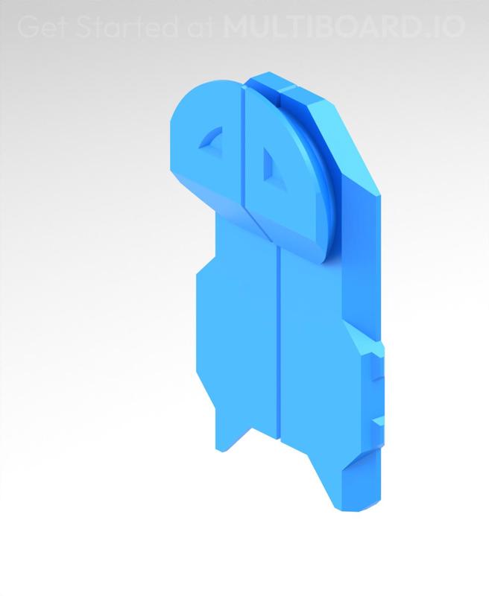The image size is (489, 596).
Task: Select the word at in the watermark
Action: (x=201, y=28)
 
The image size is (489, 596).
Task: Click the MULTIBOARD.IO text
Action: (x=344, y=28)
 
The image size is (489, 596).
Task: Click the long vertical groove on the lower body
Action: (x=278, y=343)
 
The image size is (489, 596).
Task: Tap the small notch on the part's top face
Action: (x=278, y=92)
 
